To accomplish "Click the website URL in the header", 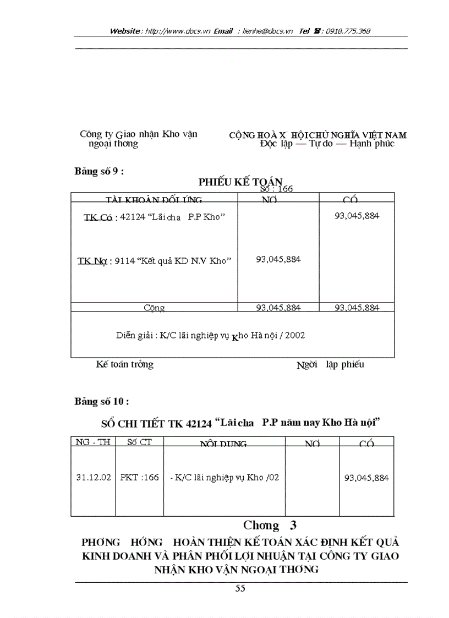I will (x=176, y=31).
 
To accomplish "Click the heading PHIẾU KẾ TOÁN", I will (x=240, y=182).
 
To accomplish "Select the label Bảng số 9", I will (x=99, y=171).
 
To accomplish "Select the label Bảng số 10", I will (x=102, y=401).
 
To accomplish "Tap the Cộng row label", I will (x=154, y=308).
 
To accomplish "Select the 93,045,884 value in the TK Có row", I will (x=357, y=216).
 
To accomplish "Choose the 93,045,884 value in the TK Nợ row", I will (x=278, y=259).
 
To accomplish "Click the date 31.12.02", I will (x=93, y=478).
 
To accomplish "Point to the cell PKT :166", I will (x=139, y=478).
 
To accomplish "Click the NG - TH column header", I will (x=93, y=442).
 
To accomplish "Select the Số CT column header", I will (x=139, y=442).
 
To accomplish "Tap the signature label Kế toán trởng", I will (x=125, y=364).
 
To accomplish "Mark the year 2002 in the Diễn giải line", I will (x=294, y=335).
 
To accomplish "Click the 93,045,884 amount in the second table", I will (x=366, y=478).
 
